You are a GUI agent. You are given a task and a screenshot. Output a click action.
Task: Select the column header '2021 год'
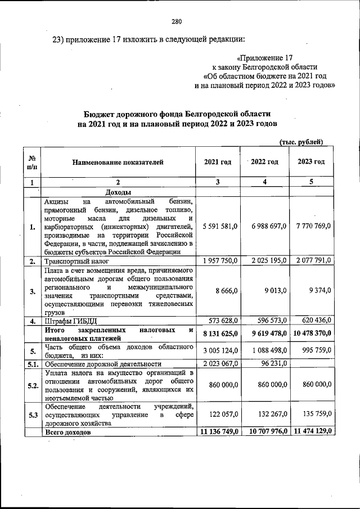pos(217,162)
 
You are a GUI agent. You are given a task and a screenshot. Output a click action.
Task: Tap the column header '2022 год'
pos(264,162)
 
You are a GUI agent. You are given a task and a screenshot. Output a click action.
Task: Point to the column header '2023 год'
pos(311,162)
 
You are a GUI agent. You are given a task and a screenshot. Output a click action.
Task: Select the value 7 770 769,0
pos(312,226)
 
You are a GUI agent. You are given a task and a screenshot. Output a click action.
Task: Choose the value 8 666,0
pos(228,290)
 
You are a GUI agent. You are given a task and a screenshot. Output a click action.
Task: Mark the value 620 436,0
pos(314,321)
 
